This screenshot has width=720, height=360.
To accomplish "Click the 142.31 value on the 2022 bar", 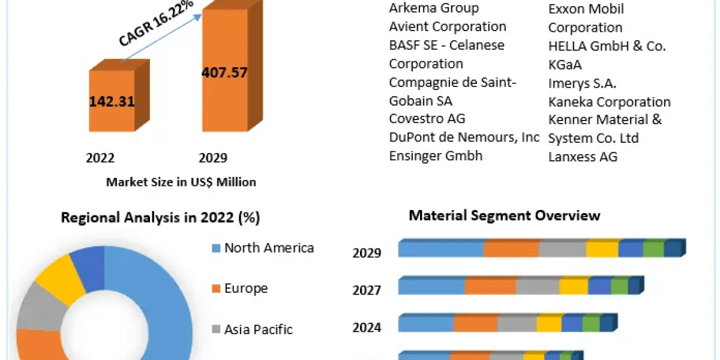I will (x=112, y=101).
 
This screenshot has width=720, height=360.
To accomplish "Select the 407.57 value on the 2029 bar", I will (x=224, y=73).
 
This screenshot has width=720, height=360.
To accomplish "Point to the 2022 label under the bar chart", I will (x=100, y=158).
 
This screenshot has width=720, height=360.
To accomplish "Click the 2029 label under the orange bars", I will (x=213, y=158).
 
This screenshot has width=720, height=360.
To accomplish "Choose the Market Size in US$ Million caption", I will (x=181, y=182).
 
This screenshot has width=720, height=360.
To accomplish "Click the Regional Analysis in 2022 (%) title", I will (x=160, y=218).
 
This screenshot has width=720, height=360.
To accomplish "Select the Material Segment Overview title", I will (x=504, y=215).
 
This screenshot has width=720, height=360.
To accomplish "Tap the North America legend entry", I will (x=268, y=248).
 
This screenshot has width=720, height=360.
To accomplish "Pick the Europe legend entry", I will (x=245, y=289).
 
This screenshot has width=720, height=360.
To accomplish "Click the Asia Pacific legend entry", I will (x=258, y=329).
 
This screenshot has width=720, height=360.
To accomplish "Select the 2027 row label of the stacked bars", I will (x=367, y=290).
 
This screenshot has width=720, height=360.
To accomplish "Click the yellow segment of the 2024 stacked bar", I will (x=548, y=324).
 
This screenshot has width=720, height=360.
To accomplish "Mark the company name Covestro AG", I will (x=427, y=119).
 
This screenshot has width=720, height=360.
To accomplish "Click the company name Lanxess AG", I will (x=583, y=157).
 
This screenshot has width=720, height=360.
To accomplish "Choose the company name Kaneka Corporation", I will (x=609, y=102).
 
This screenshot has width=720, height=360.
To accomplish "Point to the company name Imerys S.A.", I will (x=582, y=83).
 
